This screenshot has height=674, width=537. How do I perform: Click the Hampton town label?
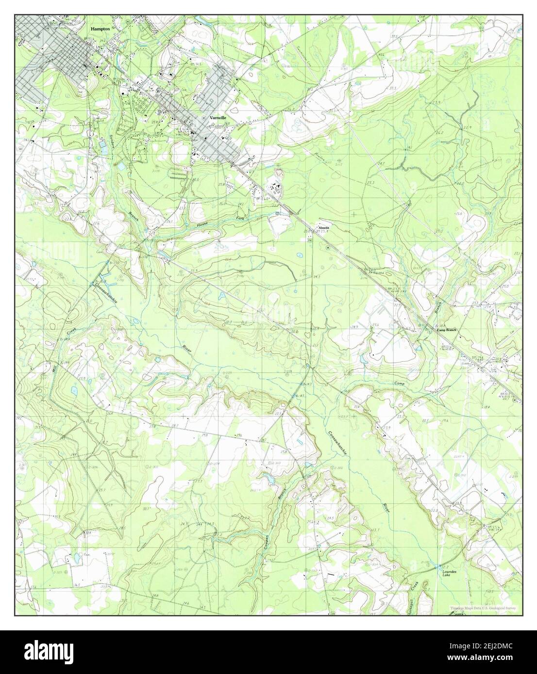(x=100, y=29)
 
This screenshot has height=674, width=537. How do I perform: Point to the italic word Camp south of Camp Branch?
(x=398, y=383)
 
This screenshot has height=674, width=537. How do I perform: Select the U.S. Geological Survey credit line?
(x=483, y=609)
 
